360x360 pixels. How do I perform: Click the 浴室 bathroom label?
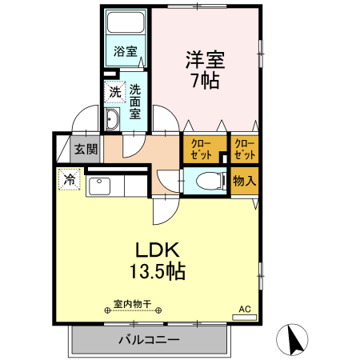(x=126, y=51)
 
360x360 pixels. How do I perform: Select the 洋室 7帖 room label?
(x=206, y=70)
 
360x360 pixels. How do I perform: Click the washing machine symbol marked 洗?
(x=115, y=92)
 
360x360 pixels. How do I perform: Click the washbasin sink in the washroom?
(x=113, y=121)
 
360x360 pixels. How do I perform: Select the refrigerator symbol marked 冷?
(x=70, y=179)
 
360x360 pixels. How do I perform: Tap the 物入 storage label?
(x=245, y=181)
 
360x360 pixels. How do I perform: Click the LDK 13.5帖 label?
(x=158, y=259)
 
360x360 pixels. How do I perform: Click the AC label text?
(x=245, y=309)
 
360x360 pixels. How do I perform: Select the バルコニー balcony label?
(x=150, y=339)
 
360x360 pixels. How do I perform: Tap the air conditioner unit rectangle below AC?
(x=245, y=318)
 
